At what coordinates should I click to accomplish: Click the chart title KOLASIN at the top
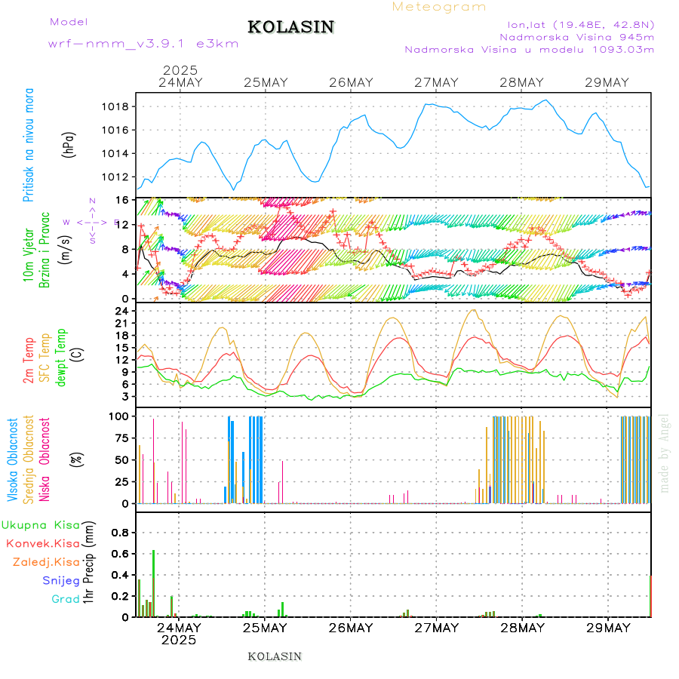point(290,27)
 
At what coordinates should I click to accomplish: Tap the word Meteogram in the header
point(440,7)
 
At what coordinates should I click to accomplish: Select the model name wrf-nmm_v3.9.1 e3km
point(143,44)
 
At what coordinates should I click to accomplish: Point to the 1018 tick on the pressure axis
point(115,106)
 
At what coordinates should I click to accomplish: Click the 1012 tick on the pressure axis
point(115,177)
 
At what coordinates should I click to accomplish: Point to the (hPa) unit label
point(69,144)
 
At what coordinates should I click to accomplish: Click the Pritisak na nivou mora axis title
point(29,144)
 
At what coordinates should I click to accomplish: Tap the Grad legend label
point(65,599)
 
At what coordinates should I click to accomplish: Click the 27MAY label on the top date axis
point(437,82)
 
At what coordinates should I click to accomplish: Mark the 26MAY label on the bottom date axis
point(351,628)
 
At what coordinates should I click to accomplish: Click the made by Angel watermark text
point(665,453)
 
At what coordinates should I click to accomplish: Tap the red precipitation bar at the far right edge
point(650,596)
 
